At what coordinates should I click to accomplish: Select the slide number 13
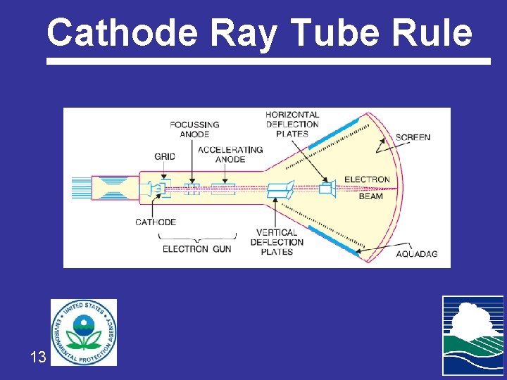[x=38, y=357]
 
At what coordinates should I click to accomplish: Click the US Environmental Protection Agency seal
[x=84, y=332]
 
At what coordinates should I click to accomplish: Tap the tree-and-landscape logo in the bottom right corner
[x=472, y=335]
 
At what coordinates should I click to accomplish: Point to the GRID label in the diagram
[x=165, y=156]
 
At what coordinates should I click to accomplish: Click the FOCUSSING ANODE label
[x=194, y=129]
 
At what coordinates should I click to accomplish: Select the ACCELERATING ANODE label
[x=230, y=155]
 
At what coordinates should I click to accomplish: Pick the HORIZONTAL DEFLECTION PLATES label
[x=292, y=125]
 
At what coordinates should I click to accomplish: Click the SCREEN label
[x=413, y=137]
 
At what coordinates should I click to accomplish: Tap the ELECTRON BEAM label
[x=368, y=188]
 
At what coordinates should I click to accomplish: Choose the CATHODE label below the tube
[x=156, y=222]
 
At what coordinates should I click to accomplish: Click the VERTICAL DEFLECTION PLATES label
[x=277, y=242]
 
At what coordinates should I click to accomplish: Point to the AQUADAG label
[x=417, y=253]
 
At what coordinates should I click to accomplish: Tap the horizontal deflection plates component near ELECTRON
[x=325, y=189]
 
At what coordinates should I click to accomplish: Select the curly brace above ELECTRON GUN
[x=197, y=236]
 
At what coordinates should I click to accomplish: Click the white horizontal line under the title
[x=268, y=61]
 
